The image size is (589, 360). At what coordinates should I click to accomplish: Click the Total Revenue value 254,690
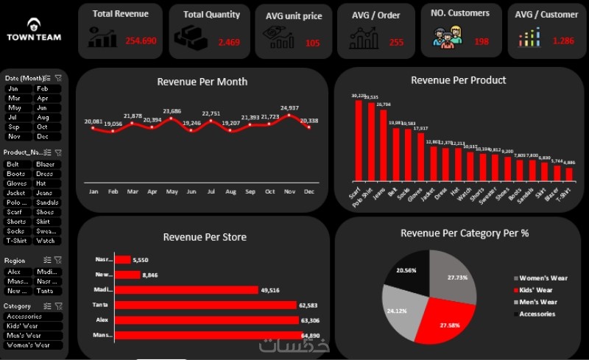click(141, 41)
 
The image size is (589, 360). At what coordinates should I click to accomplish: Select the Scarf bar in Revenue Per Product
click(359, 140)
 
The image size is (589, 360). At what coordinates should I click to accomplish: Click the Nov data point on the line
click(289, 115)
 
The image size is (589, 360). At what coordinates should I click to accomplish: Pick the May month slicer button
click(14, 107)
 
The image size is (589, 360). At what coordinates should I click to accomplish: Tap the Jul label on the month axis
click(211, 191)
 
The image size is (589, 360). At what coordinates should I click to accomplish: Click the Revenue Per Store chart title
click(205, 237)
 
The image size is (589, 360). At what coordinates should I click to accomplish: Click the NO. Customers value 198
click(482, 42)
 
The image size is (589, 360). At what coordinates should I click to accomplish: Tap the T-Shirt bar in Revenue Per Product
click(568, 174)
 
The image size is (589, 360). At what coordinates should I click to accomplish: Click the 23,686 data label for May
click(172, 111)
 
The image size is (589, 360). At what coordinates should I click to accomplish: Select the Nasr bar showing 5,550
click(122, 260)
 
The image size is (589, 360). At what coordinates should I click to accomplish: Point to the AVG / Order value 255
click(396, 42)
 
